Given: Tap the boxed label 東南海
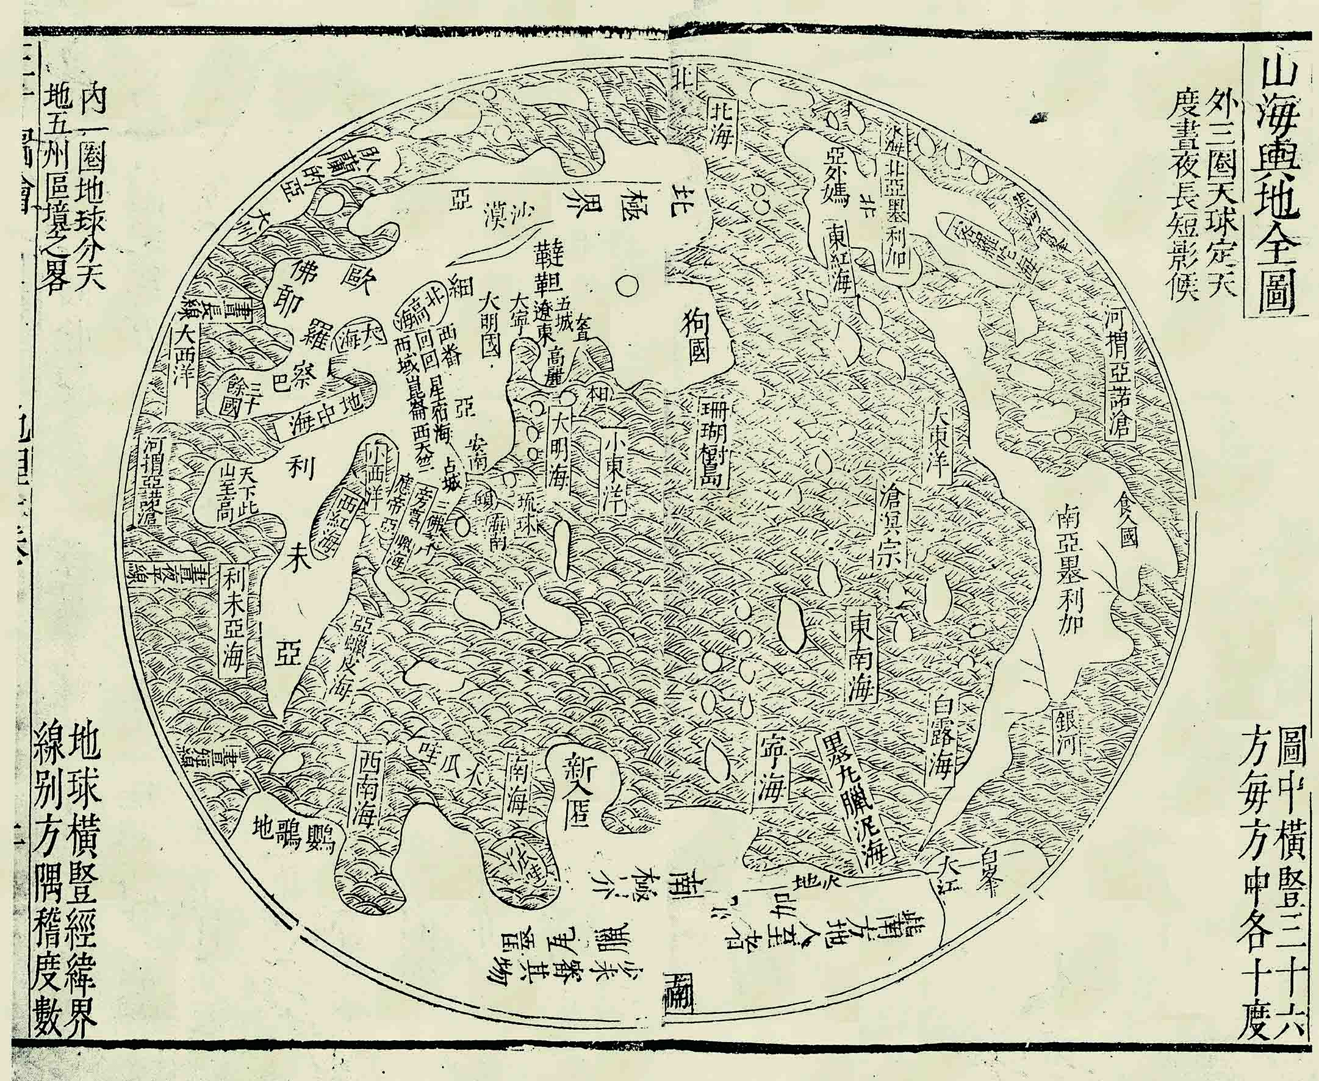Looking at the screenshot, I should [x=862, y=664].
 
